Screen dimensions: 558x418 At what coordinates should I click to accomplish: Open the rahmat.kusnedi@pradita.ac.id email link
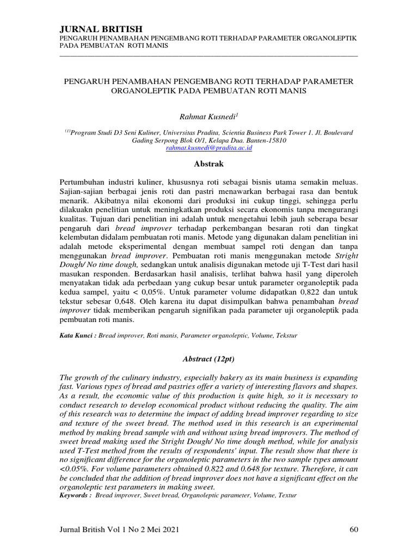[x=208, y=148]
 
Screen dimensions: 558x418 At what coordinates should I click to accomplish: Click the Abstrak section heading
[x=208, y=163]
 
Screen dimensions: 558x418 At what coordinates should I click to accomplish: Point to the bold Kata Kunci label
[x=77, y=337]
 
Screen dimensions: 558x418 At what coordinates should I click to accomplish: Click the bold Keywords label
[x=75, y=495]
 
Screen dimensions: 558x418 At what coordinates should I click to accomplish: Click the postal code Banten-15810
[x=265, y=140]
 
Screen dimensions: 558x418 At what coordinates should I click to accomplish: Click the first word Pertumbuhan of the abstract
[x=84, y=180]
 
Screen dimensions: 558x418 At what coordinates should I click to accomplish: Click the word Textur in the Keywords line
[x=286, y=495]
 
